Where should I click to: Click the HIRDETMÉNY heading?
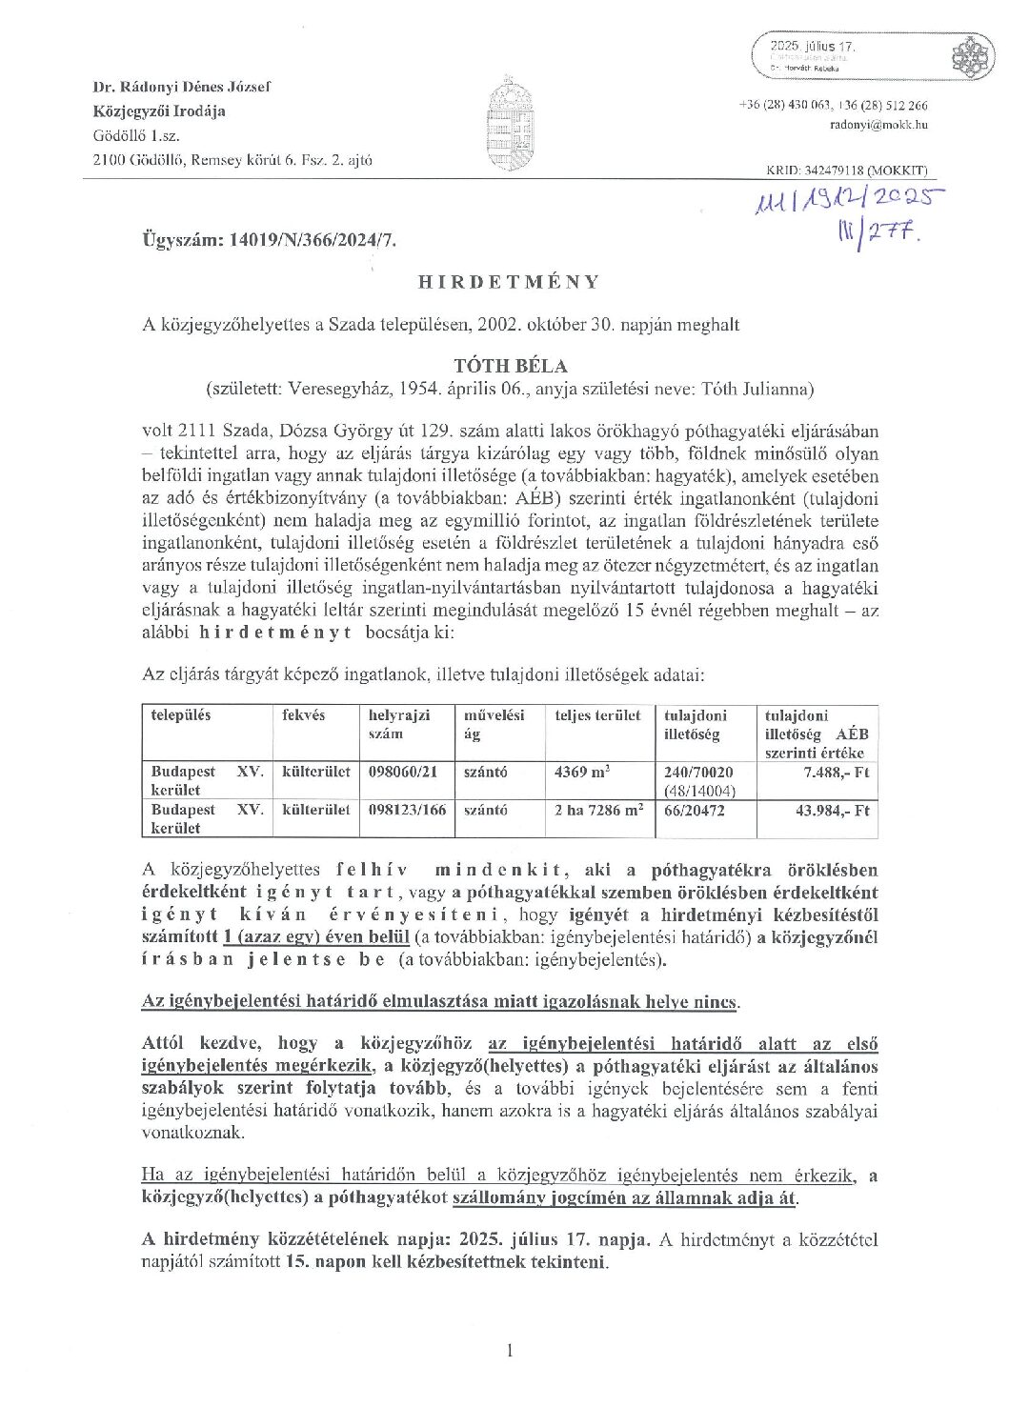coord(510,282)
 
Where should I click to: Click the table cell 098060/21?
coord(403,773)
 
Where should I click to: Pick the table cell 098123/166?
coord(408,811)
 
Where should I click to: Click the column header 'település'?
coord(181,714)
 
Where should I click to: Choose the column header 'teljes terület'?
coord(597,715)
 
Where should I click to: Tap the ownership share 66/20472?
coord(696,811)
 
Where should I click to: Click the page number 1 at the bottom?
coord(511,1350)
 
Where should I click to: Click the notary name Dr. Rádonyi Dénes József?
coord(182,87)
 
